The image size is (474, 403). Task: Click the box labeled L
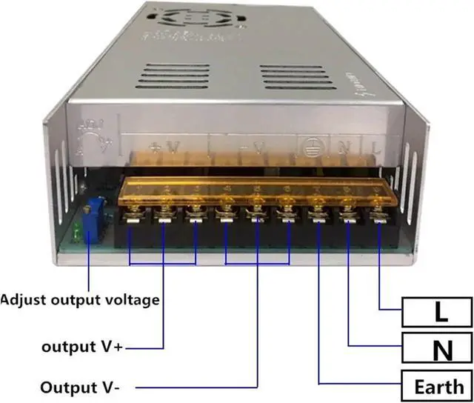[437, 311]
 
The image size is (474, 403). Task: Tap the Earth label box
[437, 385]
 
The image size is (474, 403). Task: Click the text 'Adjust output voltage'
[79, 300]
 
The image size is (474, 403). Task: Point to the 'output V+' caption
[82, 347]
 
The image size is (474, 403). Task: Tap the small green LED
[78, 232]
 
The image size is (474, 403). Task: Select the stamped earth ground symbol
[310, 145]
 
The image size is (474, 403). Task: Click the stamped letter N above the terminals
[343, 147]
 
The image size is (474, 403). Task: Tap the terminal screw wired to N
[348, 218]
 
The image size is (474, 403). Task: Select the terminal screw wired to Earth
[318, 218]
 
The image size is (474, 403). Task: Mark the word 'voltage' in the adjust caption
[132, 300]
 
